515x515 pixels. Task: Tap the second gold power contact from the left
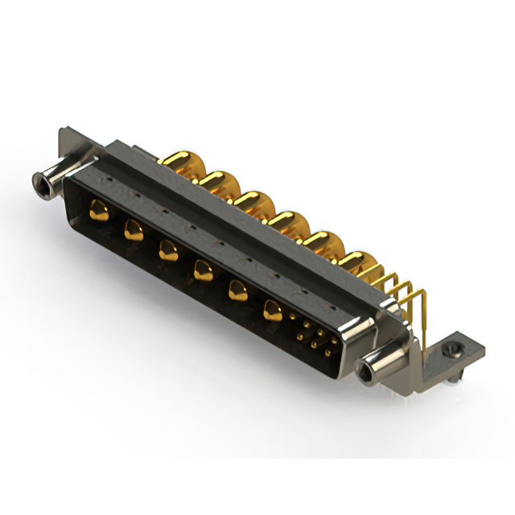tap(132, 232)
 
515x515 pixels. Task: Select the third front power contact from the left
tap(167, 251)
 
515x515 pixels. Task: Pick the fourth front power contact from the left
tap(202, 271)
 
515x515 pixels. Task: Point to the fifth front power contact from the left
tap(237, 290)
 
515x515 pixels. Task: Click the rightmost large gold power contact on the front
tap(274, 309)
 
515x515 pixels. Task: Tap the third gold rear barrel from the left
tap(249, 200)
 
